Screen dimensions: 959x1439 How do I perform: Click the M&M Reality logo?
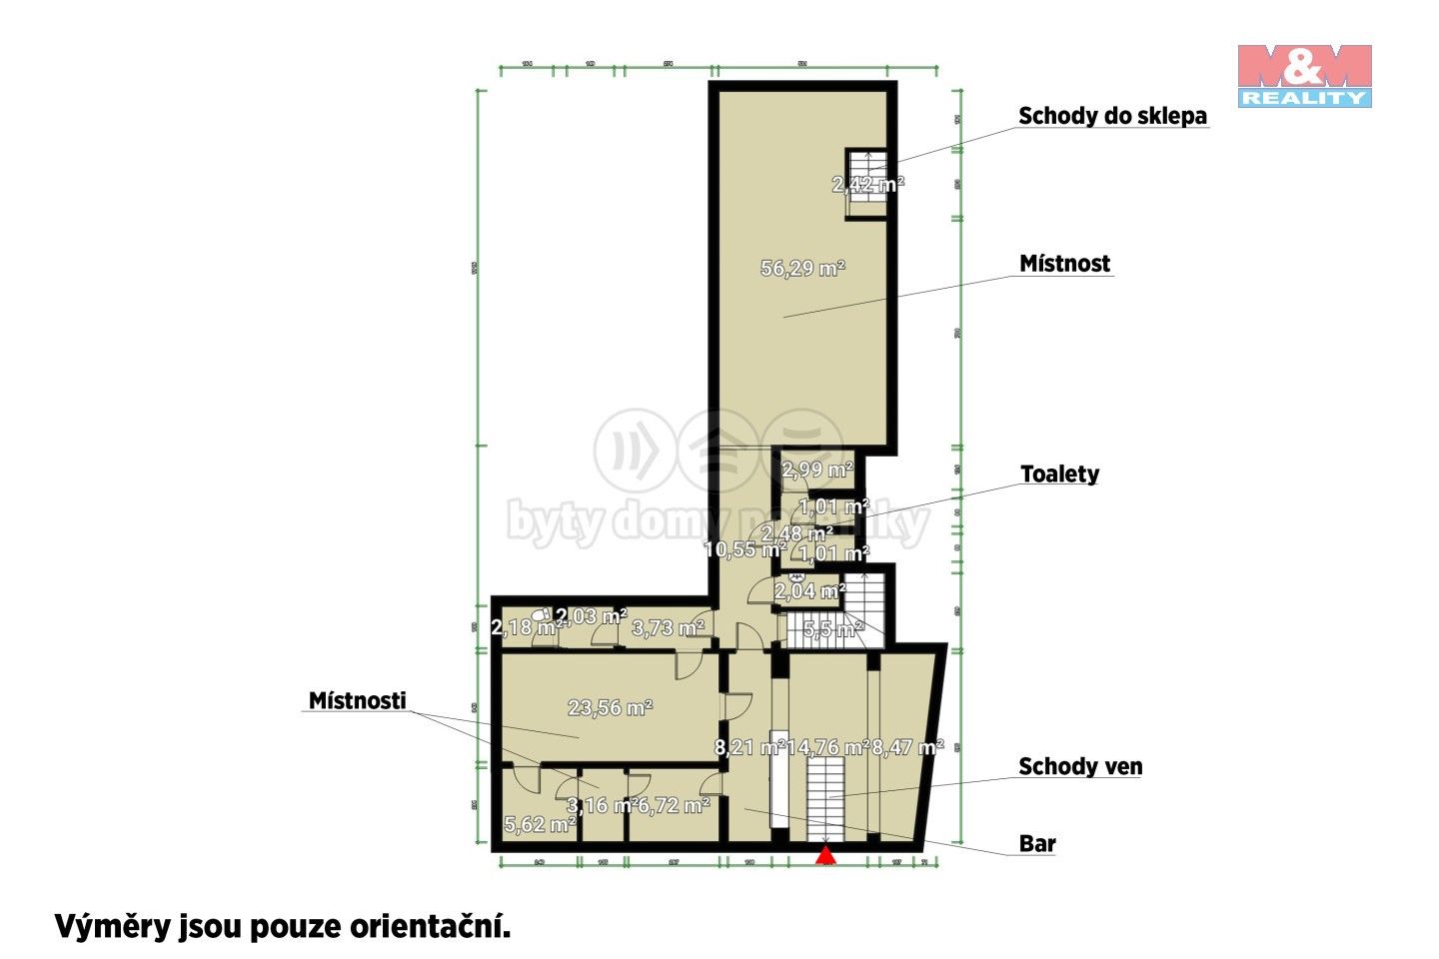click(1304, 75)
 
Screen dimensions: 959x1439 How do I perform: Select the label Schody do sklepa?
click(1112, 116)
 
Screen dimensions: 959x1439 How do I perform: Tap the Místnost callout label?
click(1064, 264)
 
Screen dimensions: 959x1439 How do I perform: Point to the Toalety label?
click(1059, 474)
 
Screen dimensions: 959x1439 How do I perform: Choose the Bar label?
click(1037, 844)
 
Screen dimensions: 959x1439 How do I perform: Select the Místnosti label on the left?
click(357, 700)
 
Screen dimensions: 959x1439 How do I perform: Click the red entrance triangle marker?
click(825, 854)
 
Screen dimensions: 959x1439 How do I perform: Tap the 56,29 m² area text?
click(802, 268)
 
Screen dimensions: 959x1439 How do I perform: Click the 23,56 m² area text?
click(610, 708)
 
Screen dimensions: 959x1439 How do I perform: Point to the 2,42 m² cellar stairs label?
click(867, 184)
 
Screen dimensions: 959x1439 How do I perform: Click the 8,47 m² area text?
click(907, 747)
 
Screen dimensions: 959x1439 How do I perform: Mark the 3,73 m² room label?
click(669, 627)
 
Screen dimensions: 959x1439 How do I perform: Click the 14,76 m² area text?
click(827, 747)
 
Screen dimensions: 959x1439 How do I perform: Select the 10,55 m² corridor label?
click(743, 549)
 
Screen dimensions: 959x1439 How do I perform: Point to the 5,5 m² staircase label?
click(832, 629)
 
